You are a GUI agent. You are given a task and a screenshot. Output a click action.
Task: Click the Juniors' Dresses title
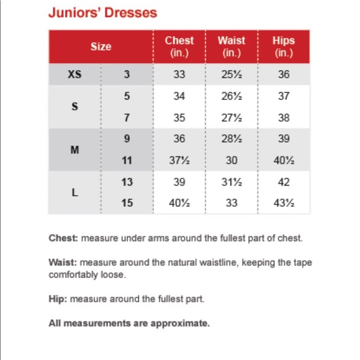(x=102, y=12)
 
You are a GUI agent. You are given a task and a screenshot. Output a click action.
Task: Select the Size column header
(x=101, y=47)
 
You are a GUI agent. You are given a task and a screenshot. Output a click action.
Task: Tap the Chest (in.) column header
(x=179, y=47)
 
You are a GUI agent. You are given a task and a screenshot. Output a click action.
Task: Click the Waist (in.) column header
(x=231, y=47)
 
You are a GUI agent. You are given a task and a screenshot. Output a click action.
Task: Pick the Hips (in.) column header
(x=283, y=47)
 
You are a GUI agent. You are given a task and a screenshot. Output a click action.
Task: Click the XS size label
(x=74, y=75)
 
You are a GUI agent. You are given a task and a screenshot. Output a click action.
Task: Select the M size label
(x=74, y=150)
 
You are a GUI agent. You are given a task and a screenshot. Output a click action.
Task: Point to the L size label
(x=74, y=192)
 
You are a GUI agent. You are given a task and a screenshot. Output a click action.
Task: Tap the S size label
(x=74, y=107)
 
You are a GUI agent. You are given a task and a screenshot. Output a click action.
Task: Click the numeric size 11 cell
(x=127, y=160)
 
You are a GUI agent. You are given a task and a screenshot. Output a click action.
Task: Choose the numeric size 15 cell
(x=127, y=203)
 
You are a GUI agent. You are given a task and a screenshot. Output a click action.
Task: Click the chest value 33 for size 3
(x=179, y=75)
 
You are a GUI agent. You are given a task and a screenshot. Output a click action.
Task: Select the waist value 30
(x=231, y=160)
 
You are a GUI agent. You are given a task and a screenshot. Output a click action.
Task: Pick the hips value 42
(x=283, y=182)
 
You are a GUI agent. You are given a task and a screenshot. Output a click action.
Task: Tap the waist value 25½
(x=231, y=75)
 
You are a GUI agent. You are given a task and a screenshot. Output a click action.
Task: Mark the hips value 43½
(x=283, y=203)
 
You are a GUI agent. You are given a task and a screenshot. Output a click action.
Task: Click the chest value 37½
(x=179, y=160)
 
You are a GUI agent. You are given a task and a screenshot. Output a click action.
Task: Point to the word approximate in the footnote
(x=185, y=323)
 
